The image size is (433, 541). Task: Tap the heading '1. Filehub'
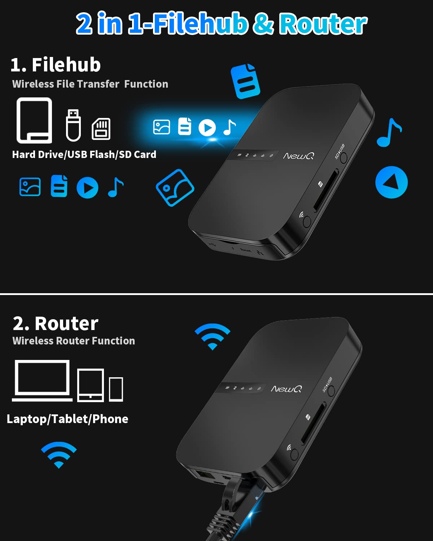click(56, 65)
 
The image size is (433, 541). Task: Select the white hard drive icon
click(34, 120)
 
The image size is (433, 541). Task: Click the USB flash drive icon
click(73, 125)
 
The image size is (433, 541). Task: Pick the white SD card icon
click(101, 129)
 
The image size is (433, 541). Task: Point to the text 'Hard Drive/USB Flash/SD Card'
click(84, 154)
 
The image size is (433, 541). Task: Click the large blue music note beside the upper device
click(389, 132)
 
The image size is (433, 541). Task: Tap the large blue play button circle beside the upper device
click(392, 182)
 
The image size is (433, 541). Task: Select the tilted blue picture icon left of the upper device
click(175, 188)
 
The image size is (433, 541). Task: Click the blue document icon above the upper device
click(246, 82)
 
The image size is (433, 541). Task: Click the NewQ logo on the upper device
click(298, 156)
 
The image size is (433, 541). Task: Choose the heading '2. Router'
click(56, 324)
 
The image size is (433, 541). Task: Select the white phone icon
click(116, 389)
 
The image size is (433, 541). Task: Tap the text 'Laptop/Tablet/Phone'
click(67, 419)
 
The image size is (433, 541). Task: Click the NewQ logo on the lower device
click(287, 389)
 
